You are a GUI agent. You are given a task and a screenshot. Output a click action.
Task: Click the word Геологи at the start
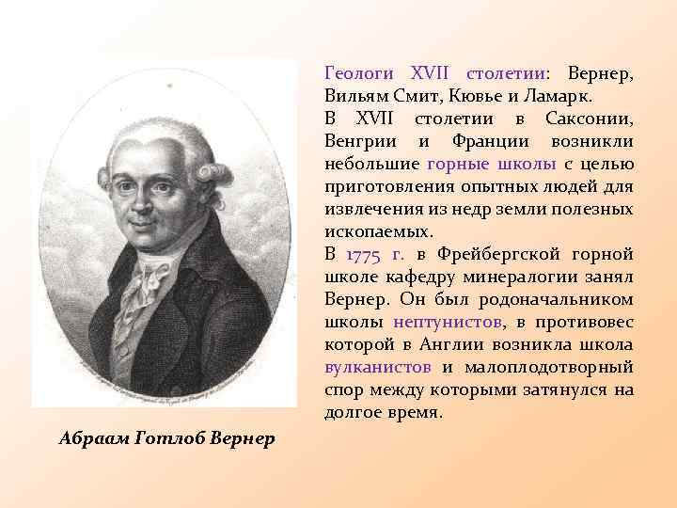[x=356, y=73]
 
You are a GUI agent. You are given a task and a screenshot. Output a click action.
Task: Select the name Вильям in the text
[x=354, y=96]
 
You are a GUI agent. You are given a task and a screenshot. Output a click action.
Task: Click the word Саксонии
[x=589, y=119]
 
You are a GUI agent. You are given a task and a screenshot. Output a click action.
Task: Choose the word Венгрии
[x=361, y=141]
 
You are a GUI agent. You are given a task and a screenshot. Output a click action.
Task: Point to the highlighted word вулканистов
[x=377, y=367]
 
